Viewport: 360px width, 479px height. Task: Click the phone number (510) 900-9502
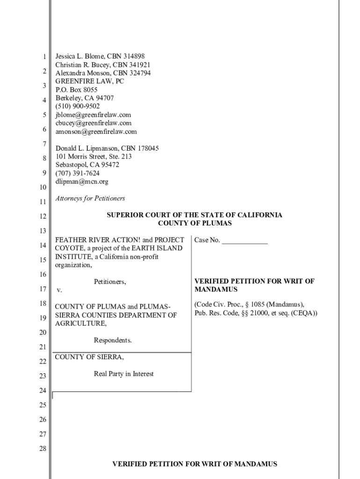(78, 106)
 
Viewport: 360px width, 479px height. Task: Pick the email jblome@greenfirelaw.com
(93, 115)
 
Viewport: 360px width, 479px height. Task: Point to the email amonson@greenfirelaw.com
(96, 131)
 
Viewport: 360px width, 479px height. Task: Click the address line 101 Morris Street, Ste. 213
(94, 157)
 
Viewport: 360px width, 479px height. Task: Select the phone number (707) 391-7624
(78, 173)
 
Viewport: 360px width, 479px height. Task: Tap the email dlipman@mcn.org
(82, 181)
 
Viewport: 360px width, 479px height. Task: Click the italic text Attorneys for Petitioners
(90, 198)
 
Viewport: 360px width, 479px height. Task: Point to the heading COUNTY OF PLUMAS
(194, 224)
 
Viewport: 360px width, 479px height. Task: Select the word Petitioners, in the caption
(110, 282)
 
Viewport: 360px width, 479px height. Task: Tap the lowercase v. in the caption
(59, 290)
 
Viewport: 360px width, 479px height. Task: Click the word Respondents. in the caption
(113, 341)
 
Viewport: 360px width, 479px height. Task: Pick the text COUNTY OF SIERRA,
(90, 357)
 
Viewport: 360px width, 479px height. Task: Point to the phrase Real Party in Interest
(124, 374)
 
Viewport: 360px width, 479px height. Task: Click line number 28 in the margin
(43, 449)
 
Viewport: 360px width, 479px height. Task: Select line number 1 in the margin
(44, 57)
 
